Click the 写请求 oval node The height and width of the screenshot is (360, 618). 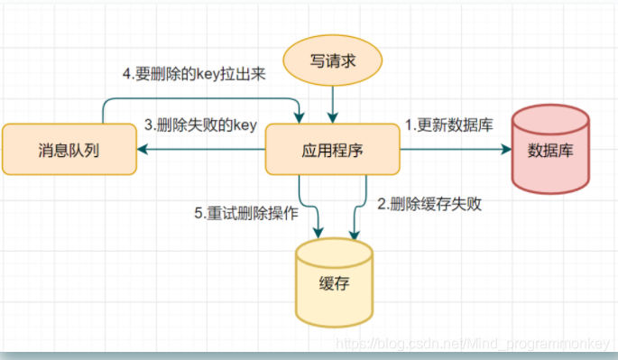[x=332, y=61]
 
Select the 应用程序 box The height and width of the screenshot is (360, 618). [x=332, y=149]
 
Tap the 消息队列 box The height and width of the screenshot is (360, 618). [x=69, y=149]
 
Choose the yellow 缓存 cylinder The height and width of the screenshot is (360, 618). [x=334, y=281]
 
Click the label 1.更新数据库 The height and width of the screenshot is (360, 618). [x=448, y=125]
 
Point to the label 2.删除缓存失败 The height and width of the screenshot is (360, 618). [x=429, y=204]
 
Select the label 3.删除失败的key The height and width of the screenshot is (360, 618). [x=201, y=125]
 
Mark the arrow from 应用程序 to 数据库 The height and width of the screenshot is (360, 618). [x=451, y=150]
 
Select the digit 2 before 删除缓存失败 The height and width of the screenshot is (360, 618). [x=381, y=204]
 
